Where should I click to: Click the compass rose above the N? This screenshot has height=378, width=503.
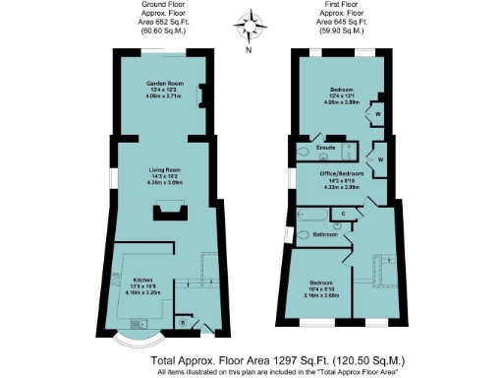[x=250, y=22]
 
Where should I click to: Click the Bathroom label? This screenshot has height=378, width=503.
[x=325, y=235]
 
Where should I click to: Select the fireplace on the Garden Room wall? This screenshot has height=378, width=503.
[x=202, y=95]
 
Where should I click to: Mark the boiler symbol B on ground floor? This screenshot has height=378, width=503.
[x=183, y=321]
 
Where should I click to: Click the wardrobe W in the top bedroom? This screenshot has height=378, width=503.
[x=378, y=114]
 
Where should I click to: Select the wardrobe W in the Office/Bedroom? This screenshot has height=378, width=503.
[x=377, y=157]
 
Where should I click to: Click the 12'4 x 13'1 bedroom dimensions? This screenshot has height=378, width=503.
[x=344, y=95]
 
